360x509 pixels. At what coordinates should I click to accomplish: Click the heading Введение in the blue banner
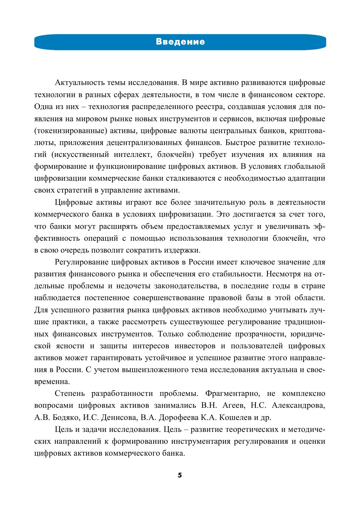point(180,42)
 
